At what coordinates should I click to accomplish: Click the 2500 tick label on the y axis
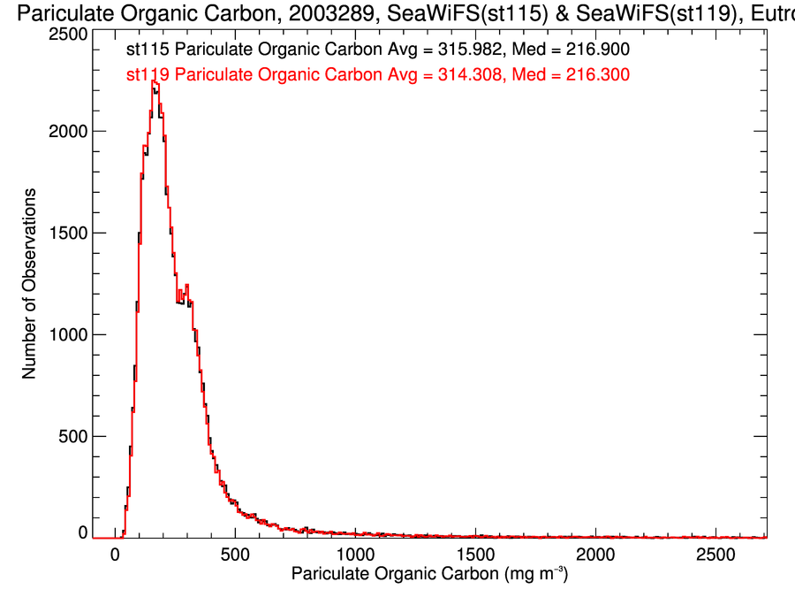click(x=67, y=34)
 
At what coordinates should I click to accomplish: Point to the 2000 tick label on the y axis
click(x=67, y=131)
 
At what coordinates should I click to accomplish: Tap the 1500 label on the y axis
click(x=67, y=233)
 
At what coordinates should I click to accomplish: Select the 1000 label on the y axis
click(x=67, y=334)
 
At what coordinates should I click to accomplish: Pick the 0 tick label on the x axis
click(x=115, y=555)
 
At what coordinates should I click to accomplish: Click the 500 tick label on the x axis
click(x=235, y=555)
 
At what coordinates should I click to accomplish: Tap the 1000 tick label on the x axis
click(x=355, y=555)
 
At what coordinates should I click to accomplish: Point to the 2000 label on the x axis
click(x=596, y=555)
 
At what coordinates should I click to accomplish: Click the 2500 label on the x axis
click(x=716, y=555)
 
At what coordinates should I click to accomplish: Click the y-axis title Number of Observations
click(x=29, y=284)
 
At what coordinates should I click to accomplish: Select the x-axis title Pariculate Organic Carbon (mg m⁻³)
click(x=429, y=576)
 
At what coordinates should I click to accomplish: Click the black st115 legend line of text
click(x=378, y=51)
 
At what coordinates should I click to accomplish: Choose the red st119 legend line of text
click(x=378, y=76)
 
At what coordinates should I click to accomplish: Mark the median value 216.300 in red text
click(x=597, y=76)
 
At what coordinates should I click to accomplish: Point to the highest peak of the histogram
click(x=155, y=81)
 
